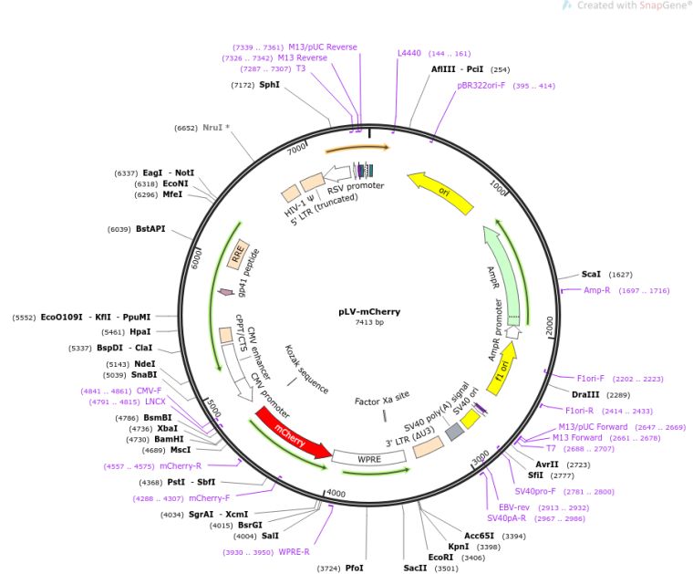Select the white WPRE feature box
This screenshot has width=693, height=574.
(369, 458)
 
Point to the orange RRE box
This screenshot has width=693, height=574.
(238, 255)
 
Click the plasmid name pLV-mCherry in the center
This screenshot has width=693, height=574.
(369, 312)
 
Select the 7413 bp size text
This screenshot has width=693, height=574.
(369, 322)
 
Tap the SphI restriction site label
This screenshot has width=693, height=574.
(270, 85)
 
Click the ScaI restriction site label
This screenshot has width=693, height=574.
(591, 274)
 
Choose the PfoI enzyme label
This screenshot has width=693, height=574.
(354, 568)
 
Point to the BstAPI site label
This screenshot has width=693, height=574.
(150, 229)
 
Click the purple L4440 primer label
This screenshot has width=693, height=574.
(409, 53)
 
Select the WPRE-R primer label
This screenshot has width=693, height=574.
(294, 552)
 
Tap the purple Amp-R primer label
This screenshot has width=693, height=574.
(596, 290)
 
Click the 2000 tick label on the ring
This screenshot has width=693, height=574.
(549, 326)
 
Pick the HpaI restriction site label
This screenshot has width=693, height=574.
(140, 331)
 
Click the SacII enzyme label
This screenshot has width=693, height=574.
(415, 568)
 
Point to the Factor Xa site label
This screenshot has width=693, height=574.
(382, 398)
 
